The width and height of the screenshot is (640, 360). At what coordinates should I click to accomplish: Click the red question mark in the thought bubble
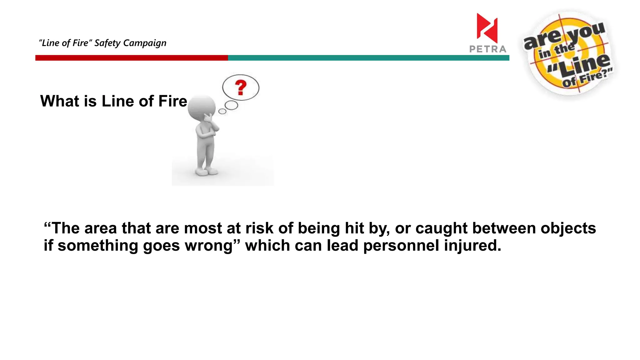(x=241, y=87)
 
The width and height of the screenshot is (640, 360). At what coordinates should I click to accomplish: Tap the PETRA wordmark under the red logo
(x=487, y=49)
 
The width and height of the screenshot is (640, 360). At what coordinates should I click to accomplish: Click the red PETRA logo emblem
(x=487, y=28)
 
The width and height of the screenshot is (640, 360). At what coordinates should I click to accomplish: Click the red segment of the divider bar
(x=131, y=58)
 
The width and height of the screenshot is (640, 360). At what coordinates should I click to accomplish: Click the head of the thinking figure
(x=202, y=108)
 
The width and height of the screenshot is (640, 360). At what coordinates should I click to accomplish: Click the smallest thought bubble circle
(x=222, y=111)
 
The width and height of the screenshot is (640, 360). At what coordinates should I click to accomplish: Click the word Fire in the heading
(x=172, y=101)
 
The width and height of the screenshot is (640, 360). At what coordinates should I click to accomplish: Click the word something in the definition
(x=98, y=246)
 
